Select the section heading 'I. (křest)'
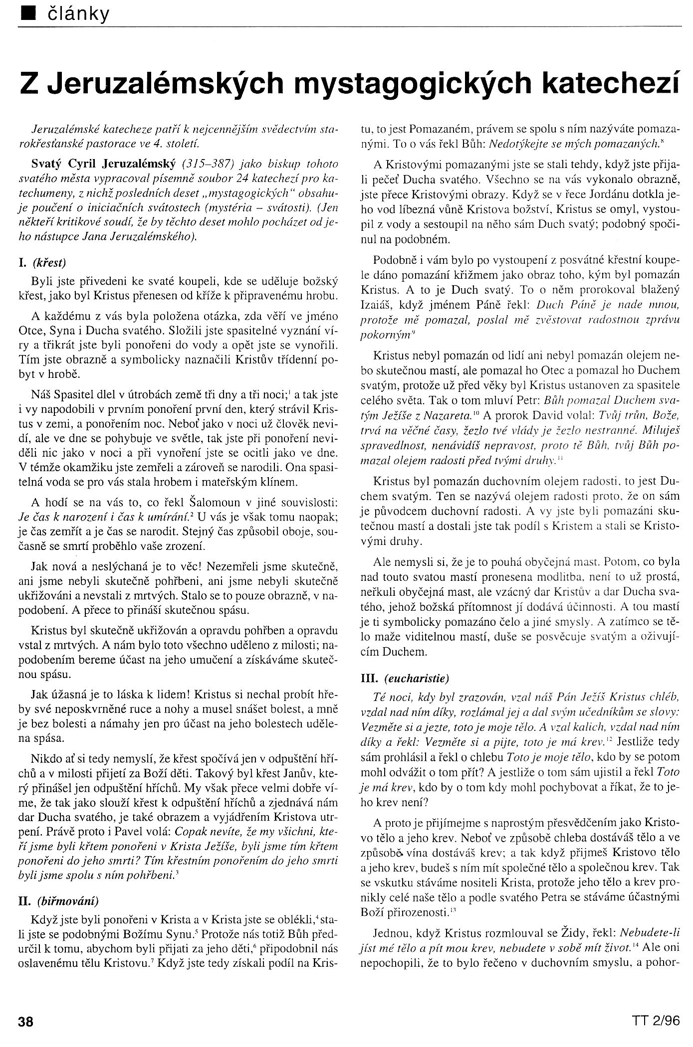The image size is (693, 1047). click(x=49, y=261)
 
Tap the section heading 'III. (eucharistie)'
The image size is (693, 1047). click(x=412, y=678)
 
